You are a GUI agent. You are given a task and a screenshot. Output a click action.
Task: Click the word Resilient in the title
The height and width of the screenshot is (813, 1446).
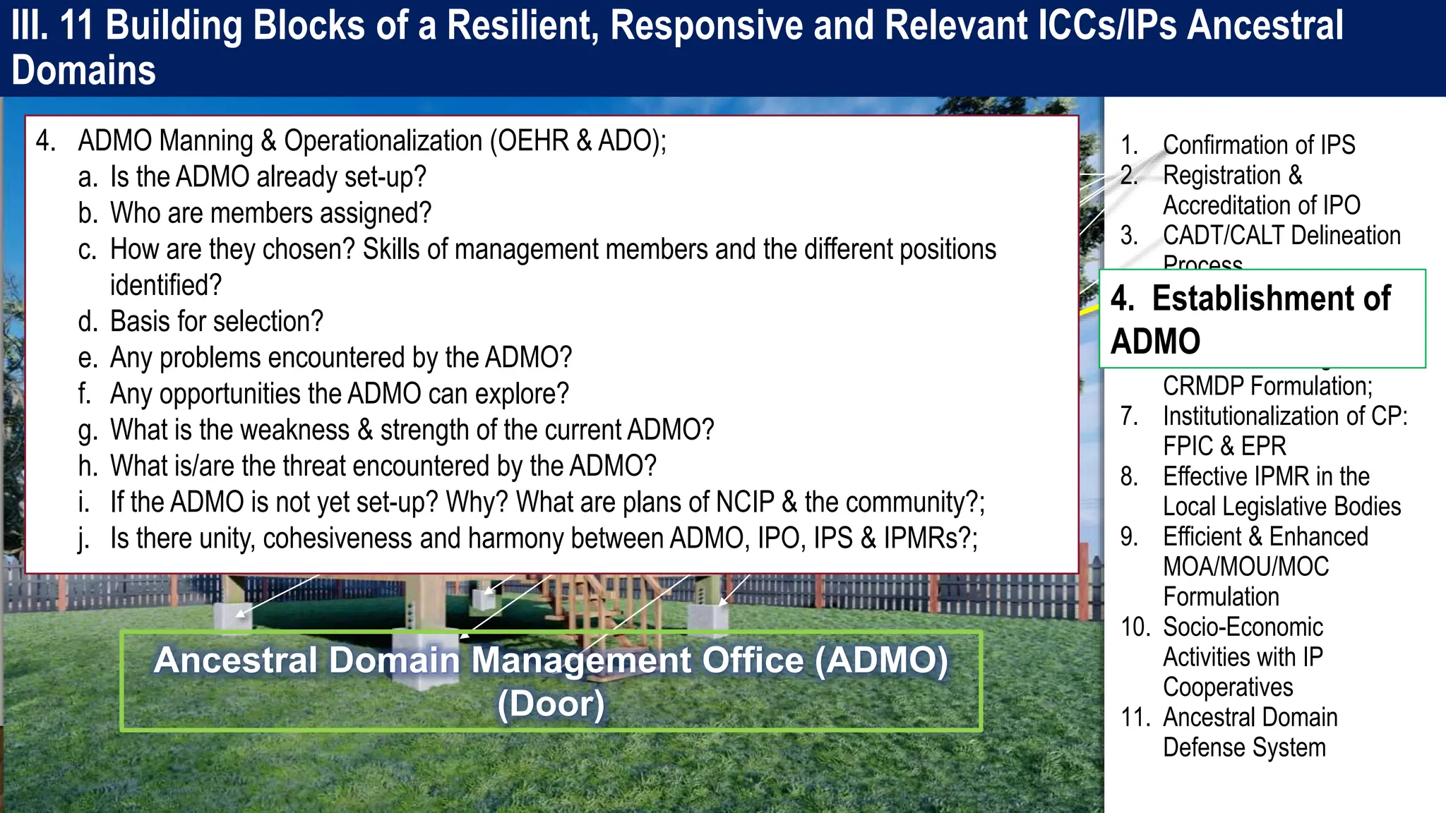[521, 26]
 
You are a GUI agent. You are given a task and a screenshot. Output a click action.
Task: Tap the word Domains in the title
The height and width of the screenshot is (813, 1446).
[83, 71]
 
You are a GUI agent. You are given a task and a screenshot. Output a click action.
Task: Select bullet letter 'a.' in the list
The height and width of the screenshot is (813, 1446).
[88, 177]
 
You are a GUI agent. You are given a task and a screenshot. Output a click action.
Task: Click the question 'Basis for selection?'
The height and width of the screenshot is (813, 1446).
[216, 322]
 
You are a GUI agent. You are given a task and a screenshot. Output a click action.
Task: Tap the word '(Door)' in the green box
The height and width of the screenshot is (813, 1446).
[551, 704]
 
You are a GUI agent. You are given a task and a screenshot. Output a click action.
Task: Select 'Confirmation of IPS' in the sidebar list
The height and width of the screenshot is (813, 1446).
[1258, 145]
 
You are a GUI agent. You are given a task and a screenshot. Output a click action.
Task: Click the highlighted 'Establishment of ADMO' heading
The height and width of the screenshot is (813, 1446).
[1250, 319]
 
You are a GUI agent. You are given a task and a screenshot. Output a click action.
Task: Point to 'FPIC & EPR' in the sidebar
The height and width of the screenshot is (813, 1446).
[1224, 446]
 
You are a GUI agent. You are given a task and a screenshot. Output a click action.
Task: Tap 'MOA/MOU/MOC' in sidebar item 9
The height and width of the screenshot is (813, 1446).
[1245, 567]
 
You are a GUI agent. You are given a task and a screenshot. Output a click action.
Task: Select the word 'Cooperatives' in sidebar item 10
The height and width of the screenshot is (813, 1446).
[1228, 687]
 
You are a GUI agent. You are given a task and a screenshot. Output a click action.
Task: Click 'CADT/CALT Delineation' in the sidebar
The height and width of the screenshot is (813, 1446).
[1281, 235]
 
